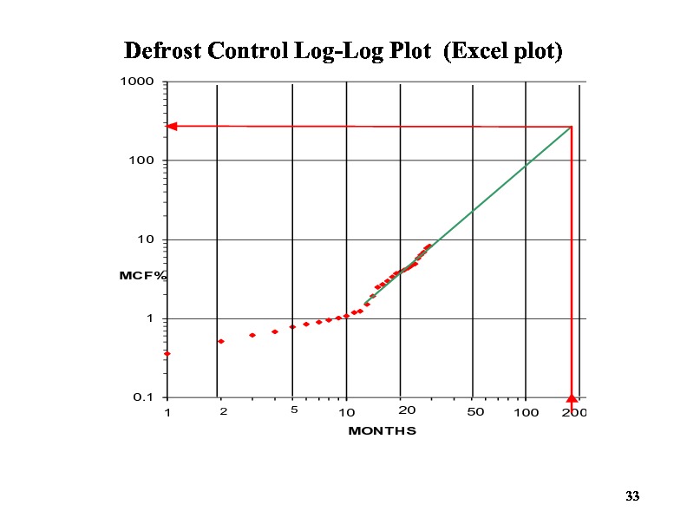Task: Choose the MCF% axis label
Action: click(x=142, y=275)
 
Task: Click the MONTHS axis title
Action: click(x=382, y=430)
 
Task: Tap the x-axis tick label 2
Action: click(x=222, y=412)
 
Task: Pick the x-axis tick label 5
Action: click(x=293, y=410)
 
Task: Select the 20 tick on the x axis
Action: click(x=406, y=410)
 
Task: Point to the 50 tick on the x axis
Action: click(x=474, y=411)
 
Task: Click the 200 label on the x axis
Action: click(x=573, y=412)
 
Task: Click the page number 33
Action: click(x=631, y=496)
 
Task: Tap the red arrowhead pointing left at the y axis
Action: click(x=172, y=126)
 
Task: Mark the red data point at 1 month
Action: click(x=167, y=354)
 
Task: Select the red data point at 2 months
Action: click(x=221, y=341)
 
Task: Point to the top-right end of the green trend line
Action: click(x=571, y=128)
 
